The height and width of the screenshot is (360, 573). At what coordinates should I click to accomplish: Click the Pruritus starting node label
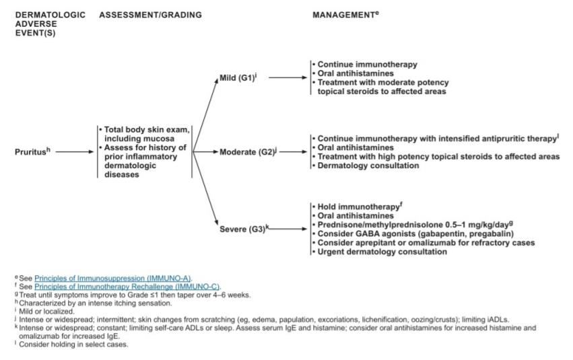click(x=31, y=152)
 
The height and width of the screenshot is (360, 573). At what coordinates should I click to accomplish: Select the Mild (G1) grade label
click(x=234, y=77)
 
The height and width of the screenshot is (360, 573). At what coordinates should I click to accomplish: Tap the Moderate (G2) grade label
click(x=246, y=152)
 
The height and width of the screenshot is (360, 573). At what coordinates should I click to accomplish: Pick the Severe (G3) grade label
click(x=243, y=229)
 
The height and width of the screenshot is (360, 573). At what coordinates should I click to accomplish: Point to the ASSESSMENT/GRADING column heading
click(x=150, y=15)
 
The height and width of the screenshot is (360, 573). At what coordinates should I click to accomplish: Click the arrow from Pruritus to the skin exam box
click(x=75, y=152)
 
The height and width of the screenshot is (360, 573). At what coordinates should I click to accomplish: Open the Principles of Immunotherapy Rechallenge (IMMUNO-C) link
click(x=127, y=287)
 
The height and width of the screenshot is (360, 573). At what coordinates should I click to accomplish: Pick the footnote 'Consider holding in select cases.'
click(x=65, y=345)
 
